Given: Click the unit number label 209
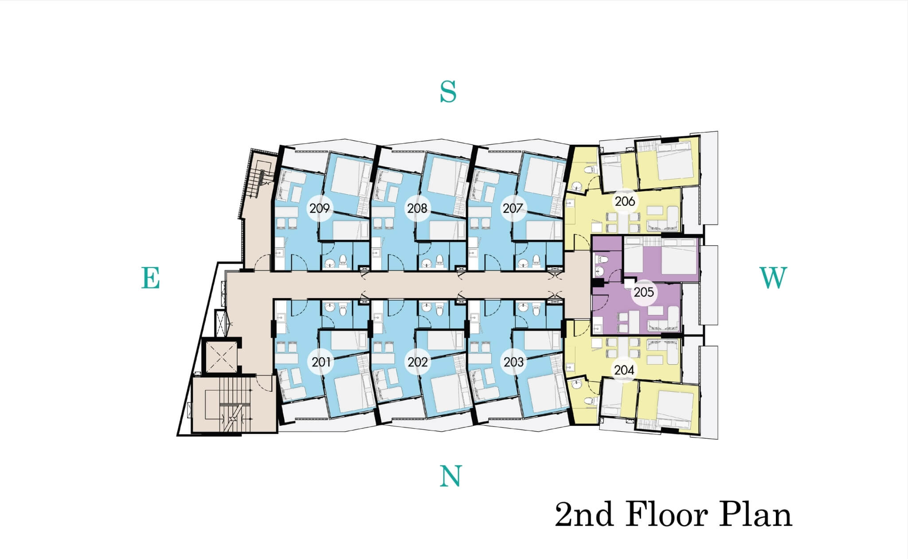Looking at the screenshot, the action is point(319,208).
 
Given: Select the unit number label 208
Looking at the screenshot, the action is point(417,208).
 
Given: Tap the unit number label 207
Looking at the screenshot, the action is point(512,208).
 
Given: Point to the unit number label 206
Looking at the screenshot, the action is point(625,201).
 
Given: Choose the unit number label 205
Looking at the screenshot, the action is point(644,292).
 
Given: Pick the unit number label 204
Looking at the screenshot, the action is point(624,370).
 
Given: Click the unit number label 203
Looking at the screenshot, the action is point(513,362).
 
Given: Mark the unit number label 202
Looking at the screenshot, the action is point(418,362).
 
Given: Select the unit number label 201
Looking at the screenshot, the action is point(321,362).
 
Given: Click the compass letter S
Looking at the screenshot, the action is point(448,92).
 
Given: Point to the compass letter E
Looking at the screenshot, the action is point(150,278).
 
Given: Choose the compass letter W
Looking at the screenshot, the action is point(773,278).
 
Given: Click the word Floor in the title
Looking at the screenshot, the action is point(667,514).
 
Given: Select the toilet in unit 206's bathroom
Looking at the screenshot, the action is point(589,170).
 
